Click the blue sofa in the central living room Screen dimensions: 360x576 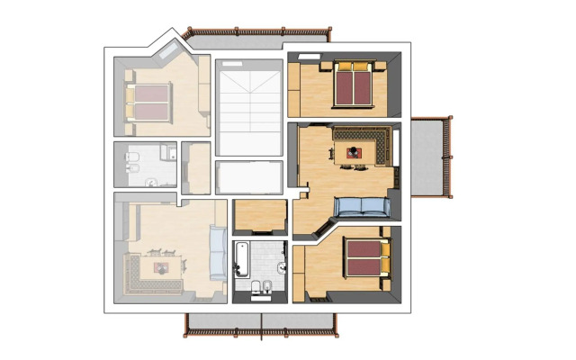[x=362, y=208]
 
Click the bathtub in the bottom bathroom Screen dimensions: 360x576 [x=243, y=258]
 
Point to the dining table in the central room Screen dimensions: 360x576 [x=353, y=154]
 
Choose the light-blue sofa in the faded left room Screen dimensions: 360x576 [x=218, y=252]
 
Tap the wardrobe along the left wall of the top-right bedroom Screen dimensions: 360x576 [x=293, y=88]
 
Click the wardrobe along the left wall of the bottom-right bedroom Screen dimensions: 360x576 [x=300, y=270]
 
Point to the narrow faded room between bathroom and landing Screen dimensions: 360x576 [x=195, y=167]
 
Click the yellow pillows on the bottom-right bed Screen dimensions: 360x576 [x=384, y=259]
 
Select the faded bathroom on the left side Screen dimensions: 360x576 [x=146, y=166]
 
